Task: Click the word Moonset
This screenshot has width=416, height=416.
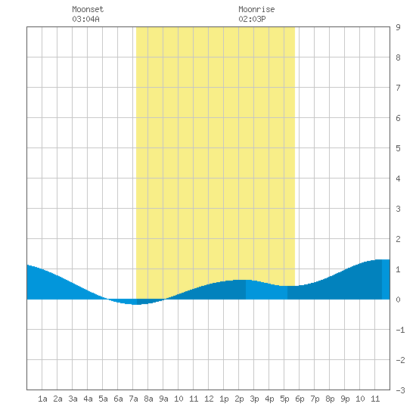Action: [88, 9]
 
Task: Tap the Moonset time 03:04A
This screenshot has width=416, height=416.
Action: [85, 19]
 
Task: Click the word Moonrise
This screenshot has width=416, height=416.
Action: [256, 9]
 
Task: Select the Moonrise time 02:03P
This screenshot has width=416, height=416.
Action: [252, 19]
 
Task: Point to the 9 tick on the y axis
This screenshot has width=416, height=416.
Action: [398, 27]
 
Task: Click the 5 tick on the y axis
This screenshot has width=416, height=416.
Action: [398, 148]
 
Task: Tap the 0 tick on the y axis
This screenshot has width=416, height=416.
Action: [398, 300]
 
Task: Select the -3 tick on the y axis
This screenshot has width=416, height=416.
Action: [400, 390]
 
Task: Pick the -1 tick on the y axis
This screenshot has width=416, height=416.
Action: [400, 330]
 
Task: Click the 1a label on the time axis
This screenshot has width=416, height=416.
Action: [42, 399]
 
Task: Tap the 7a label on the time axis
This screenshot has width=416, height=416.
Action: [133, 399]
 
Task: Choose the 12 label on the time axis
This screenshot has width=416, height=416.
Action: [209, 399]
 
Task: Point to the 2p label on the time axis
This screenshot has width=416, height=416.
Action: [239, 399]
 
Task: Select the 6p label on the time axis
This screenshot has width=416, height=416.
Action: [300, 399]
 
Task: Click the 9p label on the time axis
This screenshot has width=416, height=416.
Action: [345, 399]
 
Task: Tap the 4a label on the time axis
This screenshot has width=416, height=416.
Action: [88, 399]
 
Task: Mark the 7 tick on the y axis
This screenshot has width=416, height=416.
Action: [398, 88]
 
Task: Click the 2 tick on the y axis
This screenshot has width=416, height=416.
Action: [398, 239]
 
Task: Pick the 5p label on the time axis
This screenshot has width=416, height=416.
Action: [284, 399]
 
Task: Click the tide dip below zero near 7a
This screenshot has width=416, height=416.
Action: [136, 302]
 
